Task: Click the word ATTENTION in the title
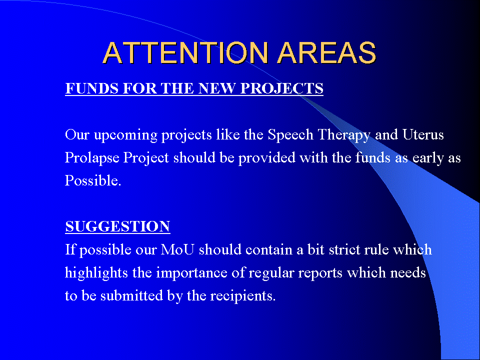pos(185,52)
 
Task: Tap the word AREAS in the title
pos(326,52)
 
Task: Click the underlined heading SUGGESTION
pos(117,226)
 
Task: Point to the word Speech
pos(290,135)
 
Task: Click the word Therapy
pos(344,135)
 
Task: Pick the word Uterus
pos(423,134)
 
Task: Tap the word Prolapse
pos(92,158)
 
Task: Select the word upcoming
pos(125,135)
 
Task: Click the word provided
pos(266,158)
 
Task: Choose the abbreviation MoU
pos(177,249)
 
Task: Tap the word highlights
pos(96,273)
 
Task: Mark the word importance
pos(191,273)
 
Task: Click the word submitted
pos(131,295)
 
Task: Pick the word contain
pos(269,250)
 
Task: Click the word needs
pos(408,273)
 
